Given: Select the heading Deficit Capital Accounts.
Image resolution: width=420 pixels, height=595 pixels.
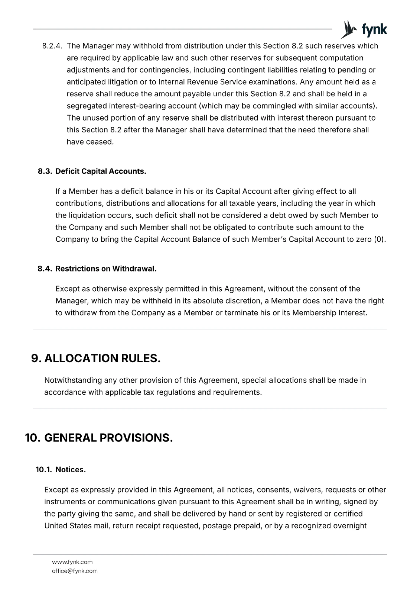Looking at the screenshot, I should (x=101, y=171).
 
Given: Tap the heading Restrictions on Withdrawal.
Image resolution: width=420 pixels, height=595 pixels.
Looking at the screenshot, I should (x=106, y=269).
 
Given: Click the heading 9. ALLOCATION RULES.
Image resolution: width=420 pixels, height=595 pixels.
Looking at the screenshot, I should (x=96, y=358).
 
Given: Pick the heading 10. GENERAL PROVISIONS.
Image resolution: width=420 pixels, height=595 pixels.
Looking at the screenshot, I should (x=99, y=438).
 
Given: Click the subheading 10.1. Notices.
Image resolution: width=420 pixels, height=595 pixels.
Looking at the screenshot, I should (x=61, y=470).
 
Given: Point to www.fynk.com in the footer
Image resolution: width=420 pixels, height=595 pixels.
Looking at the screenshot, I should (x=72, y=562).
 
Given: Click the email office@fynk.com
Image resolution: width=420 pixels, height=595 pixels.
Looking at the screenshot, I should (x=75, y=571).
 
